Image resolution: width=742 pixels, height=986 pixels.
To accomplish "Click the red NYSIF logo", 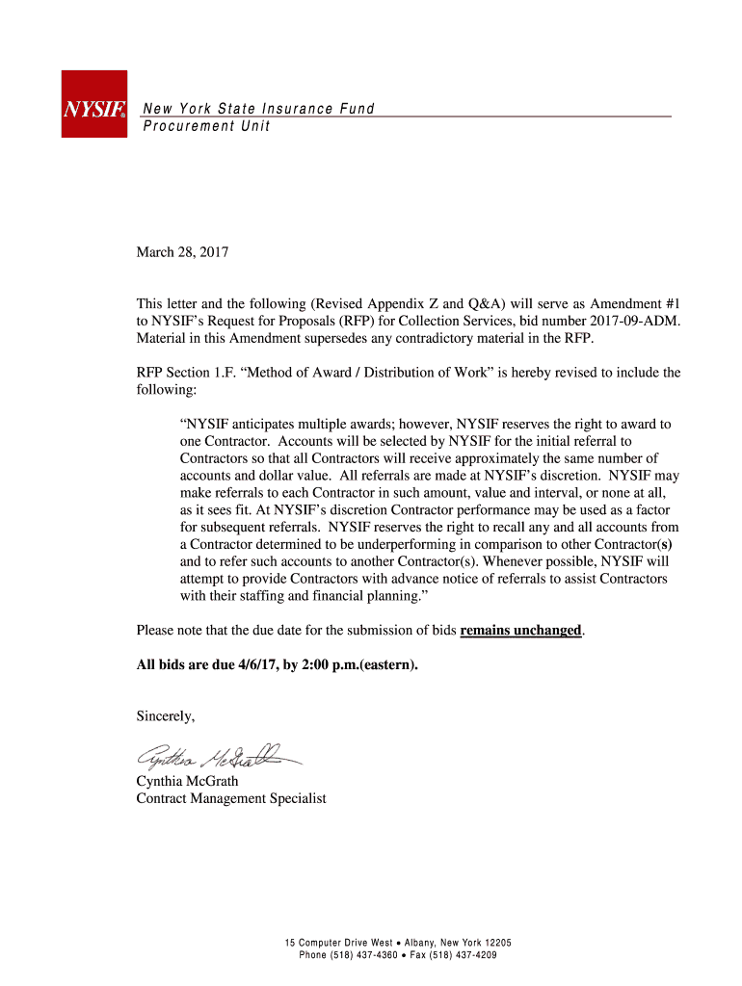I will click(93, 103).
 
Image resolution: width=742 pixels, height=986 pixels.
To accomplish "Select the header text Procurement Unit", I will click(206, 127).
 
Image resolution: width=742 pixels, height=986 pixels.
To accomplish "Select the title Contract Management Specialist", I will click(231, 798).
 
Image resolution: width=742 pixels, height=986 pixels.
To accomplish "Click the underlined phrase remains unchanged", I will click(520, 631).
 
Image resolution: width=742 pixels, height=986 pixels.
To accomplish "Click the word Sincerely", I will click(166, 715).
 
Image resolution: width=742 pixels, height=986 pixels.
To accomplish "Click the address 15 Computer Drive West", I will click(338, 942).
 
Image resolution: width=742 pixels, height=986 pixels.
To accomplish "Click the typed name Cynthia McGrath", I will click(187, 781).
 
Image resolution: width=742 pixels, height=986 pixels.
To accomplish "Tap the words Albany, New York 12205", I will click(458, 942).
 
